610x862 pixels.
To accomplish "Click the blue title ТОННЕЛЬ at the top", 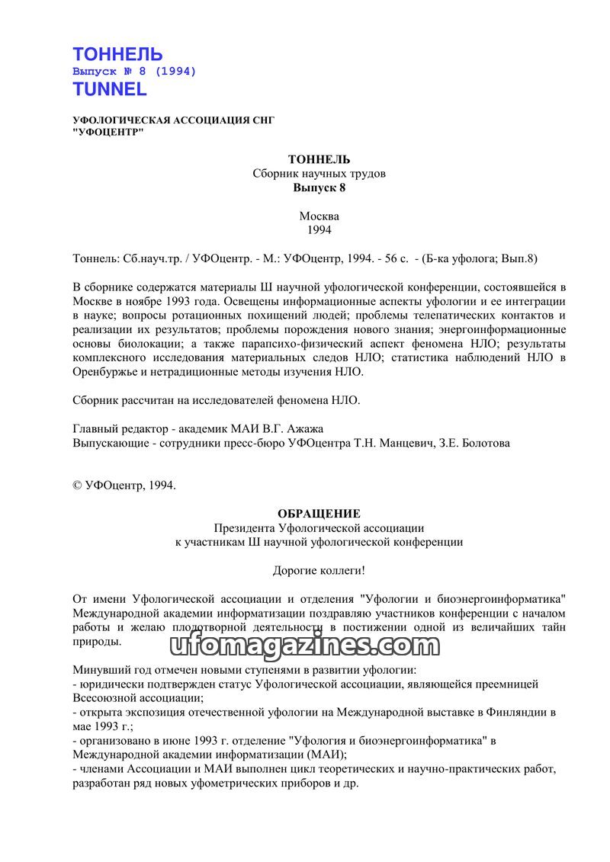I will [117, 54].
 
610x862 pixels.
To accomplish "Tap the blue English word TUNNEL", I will [110, 88].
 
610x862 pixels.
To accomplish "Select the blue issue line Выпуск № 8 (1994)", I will [134, 71].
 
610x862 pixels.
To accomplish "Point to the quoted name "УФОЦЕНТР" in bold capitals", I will [107, 131].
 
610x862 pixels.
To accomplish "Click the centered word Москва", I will [319, 216].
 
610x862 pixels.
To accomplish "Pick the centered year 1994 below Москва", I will [319, 229].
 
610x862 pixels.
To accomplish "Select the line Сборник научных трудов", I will [319, 173].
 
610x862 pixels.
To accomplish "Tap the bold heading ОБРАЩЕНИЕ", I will [319, 514].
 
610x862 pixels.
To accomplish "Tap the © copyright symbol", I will [77, 485].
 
